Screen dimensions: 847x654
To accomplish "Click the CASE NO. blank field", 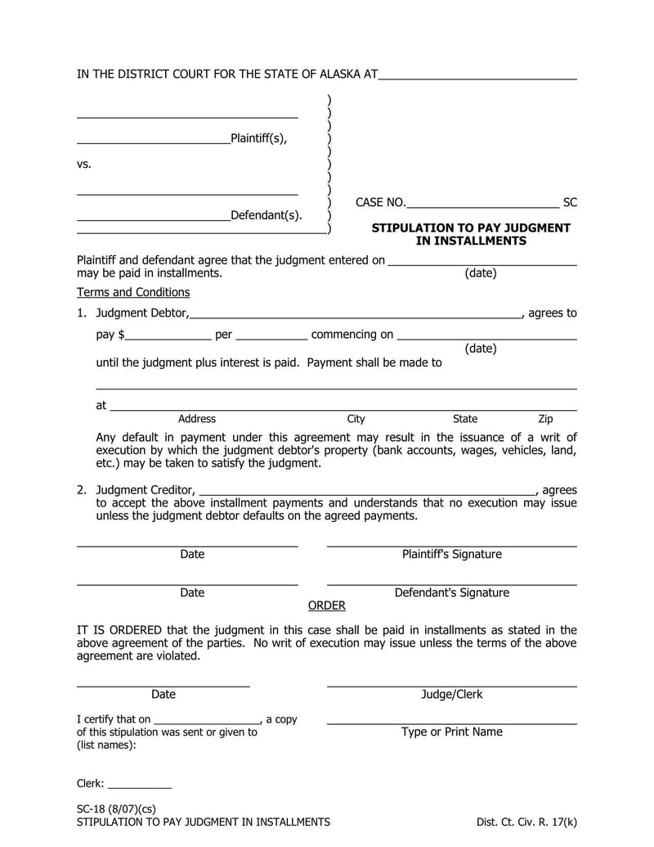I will click(x=482, y=203).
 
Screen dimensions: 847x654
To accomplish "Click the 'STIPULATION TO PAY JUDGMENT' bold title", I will click(x=471, y=228).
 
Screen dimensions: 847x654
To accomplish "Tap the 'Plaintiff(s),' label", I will click(x=258, y=138).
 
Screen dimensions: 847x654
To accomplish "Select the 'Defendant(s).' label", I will click(x=266, y=216).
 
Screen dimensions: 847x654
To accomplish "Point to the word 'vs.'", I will click(x=84, y=164).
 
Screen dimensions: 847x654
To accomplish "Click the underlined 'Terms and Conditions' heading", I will click(x=133, y=292).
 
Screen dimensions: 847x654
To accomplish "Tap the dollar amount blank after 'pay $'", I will click(x=168, y=335).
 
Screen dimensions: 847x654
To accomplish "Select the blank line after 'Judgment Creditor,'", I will click(x=367, y=491).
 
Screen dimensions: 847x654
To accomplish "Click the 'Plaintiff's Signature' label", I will click(x=451, y=555).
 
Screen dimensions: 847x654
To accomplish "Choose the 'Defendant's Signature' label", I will click(x=451, y=593).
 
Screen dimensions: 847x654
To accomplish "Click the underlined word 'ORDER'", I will click(x=326, y=606).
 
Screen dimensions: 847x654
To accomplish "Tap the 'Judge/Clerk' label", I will click(x=451, y=695).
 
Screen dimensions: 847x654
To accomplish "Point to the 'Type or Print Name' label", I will click(x=451, y=732).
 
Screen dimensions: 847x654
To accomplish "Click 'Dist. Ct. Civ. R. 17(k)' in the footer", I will click(x=526, y=822).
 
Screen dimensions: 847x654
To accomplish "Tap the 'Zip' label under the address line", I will click(x=545, y=419).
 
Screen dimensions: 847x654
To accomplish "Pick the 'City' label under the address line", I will click(x=356, y=419).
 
